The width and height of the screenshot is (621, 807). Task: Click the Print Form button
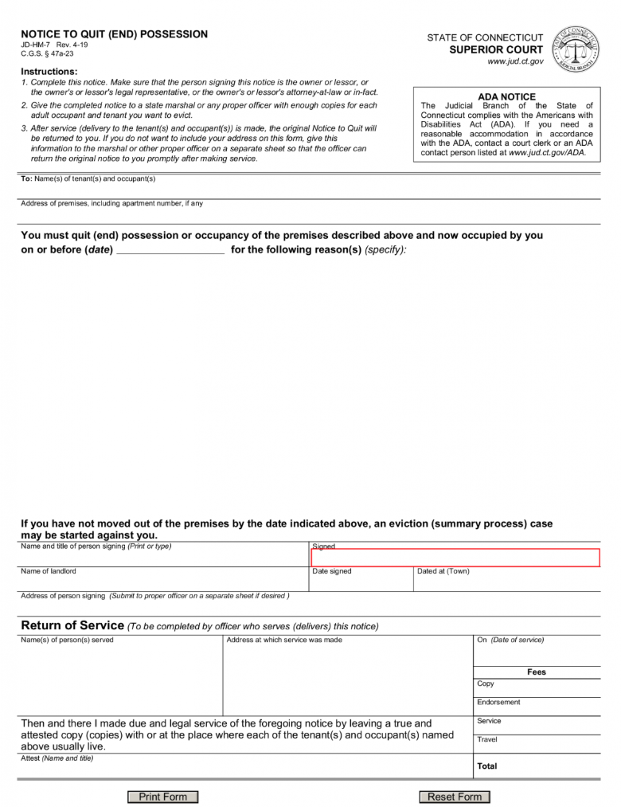pos(162,797)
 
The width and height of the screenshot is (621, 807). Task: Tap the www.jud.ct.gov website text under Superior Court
pos(515,62)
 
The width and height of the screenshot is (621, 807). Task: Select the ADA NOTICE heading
pos(506,97)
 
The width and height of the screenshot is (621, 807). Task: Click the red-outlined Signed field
pos(455,558)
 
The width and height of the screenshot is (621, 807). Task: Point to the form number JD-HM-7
pos(35,45)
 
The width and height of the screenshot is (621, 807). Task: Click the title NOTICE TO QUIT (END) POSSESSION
pos(114,34)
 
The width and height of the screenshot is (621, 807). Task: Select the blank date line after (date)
pos(170,249)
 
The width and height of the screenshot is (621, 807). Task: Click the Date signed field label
pos(331,571)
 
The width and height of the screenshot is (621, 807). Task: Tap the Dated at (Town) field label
pos(443,571)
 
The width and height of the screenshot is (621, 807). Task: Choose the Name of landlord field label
pos(49,571)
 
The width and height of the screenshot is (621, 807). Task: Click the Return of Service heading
pos(72,625)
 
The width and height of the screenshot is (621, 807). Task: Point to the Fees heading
pos(537,672)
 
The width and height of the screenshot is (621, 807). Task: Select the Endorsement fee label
pos(498,702)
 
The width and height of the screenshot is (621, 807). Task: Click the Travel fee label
pos(487,739)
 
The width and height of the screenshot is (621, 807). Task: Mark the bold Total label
pos(487,766)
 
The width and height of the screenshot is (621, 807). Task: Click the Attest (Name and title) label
pos(57,758)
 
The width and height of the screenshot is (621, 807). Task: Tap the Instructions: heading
pos(49,72)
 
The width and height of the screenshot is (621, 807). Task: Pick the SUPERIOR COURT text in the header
pos(496,50)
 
